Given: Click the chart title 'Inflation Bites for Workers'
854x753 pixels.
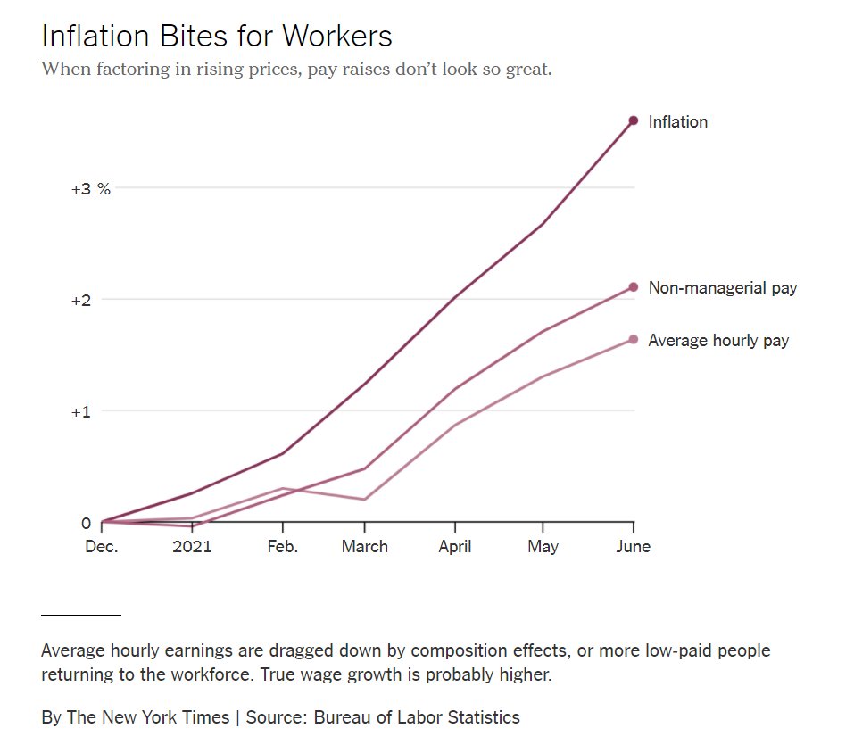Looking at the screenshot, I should pyautogui.click(x=217, y=37).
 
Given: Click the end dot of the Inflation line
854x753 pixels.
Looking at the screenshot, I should pyautogui.click(x=634, y=120).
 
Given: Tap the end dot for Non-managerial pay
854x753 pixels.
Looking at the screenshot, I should pyautogui.click(x=634, y=286).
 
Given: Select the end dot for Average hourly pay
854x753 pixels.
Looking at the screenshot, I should pyautogui.click(x=634, y=339).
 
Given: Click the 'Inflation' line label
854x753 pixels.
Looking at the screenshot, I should pyautogui.click(x=677, y=122).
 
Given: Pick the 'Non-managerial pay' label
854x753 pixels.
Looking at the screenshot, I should pyautogui.click(x=722, y=288).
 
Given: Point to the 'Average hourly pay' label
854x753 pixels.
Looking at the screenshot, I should pyautogui.click(x=718, y=341).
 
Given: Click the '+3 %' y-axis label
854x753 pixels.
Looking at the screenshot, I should pyautogui.click(x=91, y=189).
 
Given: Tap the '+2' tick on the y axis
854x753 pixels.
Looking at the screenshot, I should pyautogui.click(x=82, y=301).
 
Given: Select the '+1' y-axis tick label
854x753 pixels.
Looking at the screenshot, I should pyautogui.click(x=82, y=412).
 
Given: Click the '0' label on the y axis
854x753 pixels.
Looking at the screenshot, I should pyautogui.click(x=87, y=524).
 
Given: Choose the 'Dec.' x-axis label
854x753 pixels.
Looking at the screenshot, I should pyautogui.click(x=101, y=547).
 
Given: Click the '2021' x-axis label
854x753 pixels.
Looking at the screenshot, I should pyautogui.click(x=192, y=547).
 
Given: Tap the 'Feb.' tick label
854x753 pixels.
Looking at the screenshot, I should pyautogui.click(x=282, y=547).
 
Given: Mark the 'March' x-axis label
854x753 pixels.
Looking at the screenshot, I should pyautogui.click(x=364, y=547).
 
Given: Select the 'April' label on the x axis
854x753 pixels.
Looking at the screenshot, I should pyautogui.click(x=454, y=547).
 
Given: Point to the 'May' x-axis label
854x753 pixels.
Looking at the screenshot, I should pyautogui.click(x=543, y=547).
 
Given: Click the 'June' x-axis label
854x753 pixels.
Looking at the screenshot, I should pyautogui.click(x=633, y=547).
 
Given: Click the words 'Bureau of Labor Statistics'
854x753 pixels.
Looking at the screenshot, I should pyautogui.click(x=417, y=717).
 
